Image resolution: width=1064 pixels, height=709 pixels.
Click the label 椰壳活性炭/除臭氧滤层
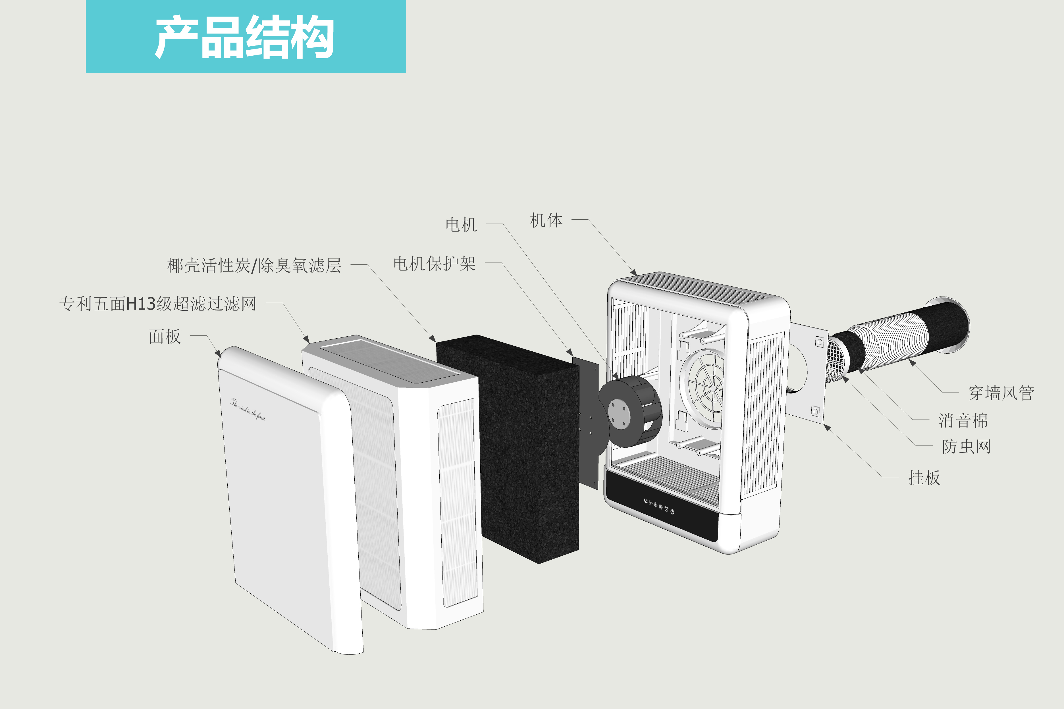point(254,265)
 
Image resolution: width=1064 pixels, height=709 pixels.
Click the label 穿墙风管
point(1001,393)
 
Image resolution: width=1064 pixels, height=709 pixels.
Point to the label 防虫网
point(966,446)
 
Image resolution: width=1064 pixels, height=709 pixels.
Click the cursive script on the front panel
point(248,409)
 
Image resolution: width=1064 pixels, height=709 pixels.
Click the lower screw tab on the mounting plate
point(815,412)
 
